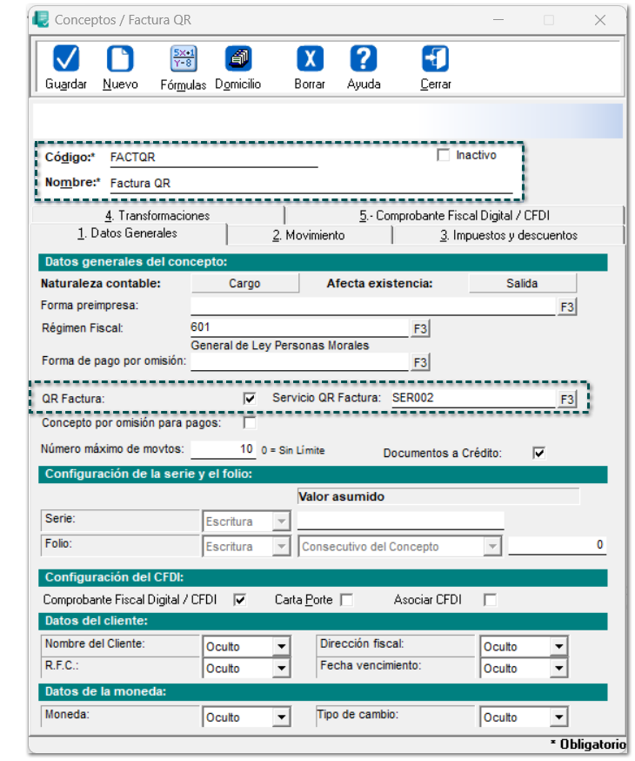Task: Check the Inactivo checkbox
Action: pos(444,156)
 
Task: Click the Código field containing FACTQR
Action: pos(212,158)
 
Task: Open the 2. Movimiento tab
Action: pos(308,235)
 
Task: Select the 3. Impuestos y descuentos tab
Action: pos(508,235)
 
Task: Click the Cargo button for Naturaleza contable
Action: pos(244,283)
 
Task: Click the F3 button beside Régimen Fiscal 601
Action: pos(421,328)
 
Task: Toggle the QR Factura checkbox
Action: pos(251,398)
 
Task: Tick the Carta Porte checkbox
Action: pos(346,600)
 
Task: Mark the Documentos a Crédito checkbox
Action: pos(538,453)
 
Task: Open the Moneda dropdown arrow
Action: pos(281,718)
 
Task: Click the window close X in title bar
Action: pos(600,19)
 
